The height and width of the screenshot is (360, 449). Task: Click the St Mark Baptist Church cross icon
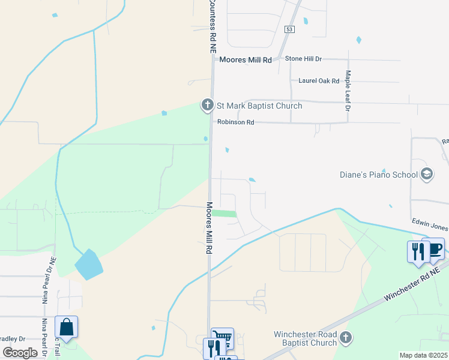pyautogui.click(x=208, y=106)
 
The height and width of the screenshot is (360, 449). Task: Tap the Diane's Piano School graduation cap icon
pyautogui.click(x=427, y=175)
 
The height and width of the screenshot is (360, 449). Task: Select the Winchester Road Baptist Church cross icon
pyautogui.click(x=345, y=338)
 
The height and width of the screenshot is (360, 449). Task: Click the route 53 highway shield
pyautogui.click(x=290, y=29)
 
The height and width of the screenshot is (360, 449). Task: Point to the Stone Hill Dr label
pyautogui.click(x=303, y=59)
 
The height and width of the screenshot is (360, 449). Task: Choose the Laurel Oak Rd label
pyautogui.click(x=319, y=80)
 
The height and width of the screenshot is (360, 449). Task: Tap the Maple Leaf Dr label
pyautogui.click(x=347, y=91)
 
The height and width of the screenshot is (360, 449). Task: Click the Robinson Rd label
pyautogui.click(x=236, y=122)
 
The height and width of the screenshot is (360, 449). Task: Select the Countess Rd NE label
pyautogui.click(x=212, y=28)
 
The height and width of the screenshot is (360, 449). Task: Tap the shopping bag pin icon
pyautogui.click(x=66, y=328)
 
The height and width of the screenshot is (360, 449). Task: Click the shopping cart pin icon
pyautogui.click(x=223, y=337)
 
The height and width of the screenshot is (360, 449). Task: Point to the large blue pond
pyautogui.click(x=89, y=265)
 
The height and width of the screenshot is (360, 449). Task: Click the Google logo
pyautogui.click(x=20, y=353)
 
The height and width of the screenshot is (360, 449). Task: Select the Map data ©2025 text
pyautogui.click(x=424, y=355)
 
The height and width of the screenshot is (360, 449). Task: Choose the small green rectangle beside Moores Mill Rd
pyautogui.click(x=224, y=214)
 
